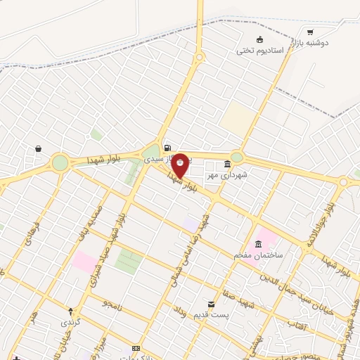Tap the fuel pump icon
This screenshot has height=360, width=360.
(x=167, y=148)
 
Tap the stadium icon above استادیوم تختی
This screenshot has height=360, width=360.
(x=259, y=39)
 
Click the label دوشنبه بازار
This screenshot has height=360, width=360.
(x=332, y=42)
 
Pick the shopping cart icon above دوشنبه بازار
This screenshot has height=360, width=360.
(x=310, y=32)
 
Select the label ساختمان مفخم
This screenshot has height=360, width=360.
(x=259, y=255)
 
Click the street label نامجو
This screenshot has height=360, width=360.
(x=112, y=304)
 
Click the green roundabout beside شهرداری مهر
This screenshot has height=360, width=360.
(x=237, y=157)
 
